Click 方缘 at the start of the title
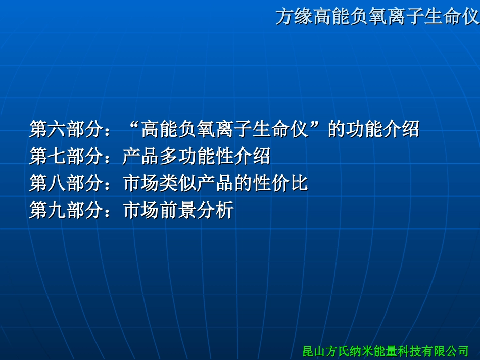tap(294, 17)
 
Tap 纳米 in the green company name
tap(361, 350)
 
